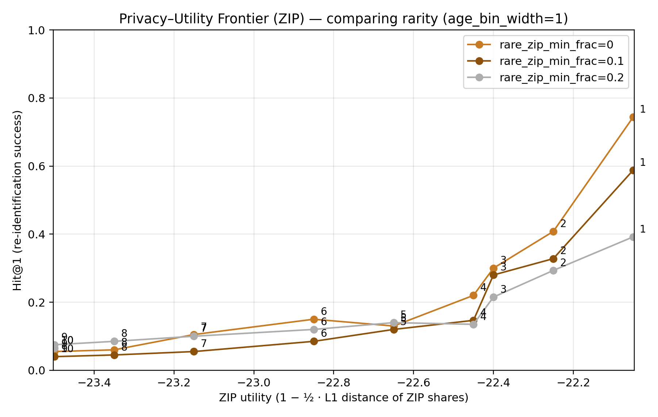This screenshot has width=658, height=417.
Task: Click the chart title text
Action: tap(343, 19)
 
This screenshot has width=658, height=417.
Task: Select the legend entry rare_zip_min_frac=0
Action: tap(556, 45)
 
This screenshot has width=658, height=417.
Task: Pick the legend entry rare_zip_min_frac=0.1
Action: tap(561, 61)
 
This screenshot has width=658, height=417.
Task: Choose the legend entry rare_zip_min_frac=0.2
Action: tap(561, 78)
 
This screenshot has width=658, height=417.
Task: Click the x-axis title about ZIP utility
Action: tap(343, 398)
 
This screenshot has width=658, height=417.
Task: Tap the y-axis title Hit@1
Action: tap(18, 200)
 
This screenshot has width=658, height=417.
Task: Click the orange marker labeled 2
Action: tap(553, 231)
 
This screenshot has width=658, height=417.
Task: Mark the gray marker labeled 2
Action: tap(553, 270)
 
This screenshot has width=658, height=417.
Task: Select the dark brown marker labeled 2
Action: tap(553, 259)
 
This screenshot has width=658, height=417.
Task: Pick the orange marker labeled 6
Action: tap(314, 319)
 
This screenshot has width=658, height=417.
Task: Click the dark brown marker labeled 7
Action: tap(194, 351)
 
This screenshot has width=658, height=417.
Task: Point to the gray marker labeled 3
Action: tap(493, 297)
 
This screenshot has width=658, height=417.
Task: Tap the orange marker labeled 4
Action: tap(473, 295)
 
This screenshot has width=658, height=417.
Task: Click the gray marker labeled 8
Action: tap(114, 341)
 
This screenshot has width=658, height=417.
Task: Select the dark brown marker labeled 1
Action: tap(633, 170)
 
